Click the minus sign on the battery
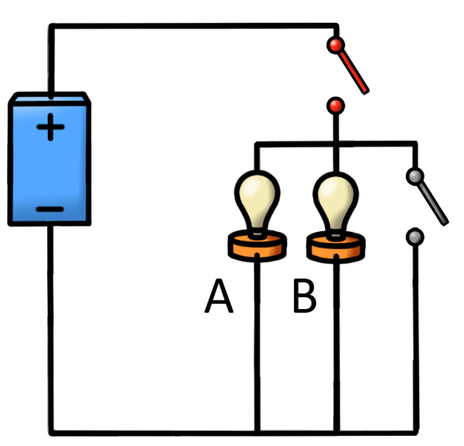point(50,208)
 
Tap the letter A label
point(219,297)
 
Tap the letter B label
point(304,297)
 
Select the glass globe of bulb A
point(256,197)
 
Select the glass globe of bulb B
point(337,197)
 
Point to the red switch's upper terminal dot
point(336,45)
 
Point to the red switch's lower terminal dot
point(336,105)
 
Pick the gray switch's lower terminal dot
point(414,235)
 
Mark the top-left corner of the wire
point(51,27)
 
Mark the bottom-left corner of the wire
point(51,432)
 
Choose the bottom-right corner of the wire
point(414,432)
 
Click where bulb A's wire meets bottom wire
point(256,432)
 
